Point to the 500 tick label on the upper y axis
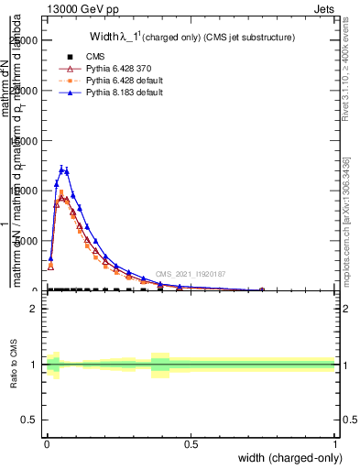pyautogui.click(x=28, y=241)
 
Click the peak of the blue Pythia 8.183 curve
pyautogui.click(x=62, y=169)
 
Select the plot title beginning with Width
pyautogui.click(x=191, y=38)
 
